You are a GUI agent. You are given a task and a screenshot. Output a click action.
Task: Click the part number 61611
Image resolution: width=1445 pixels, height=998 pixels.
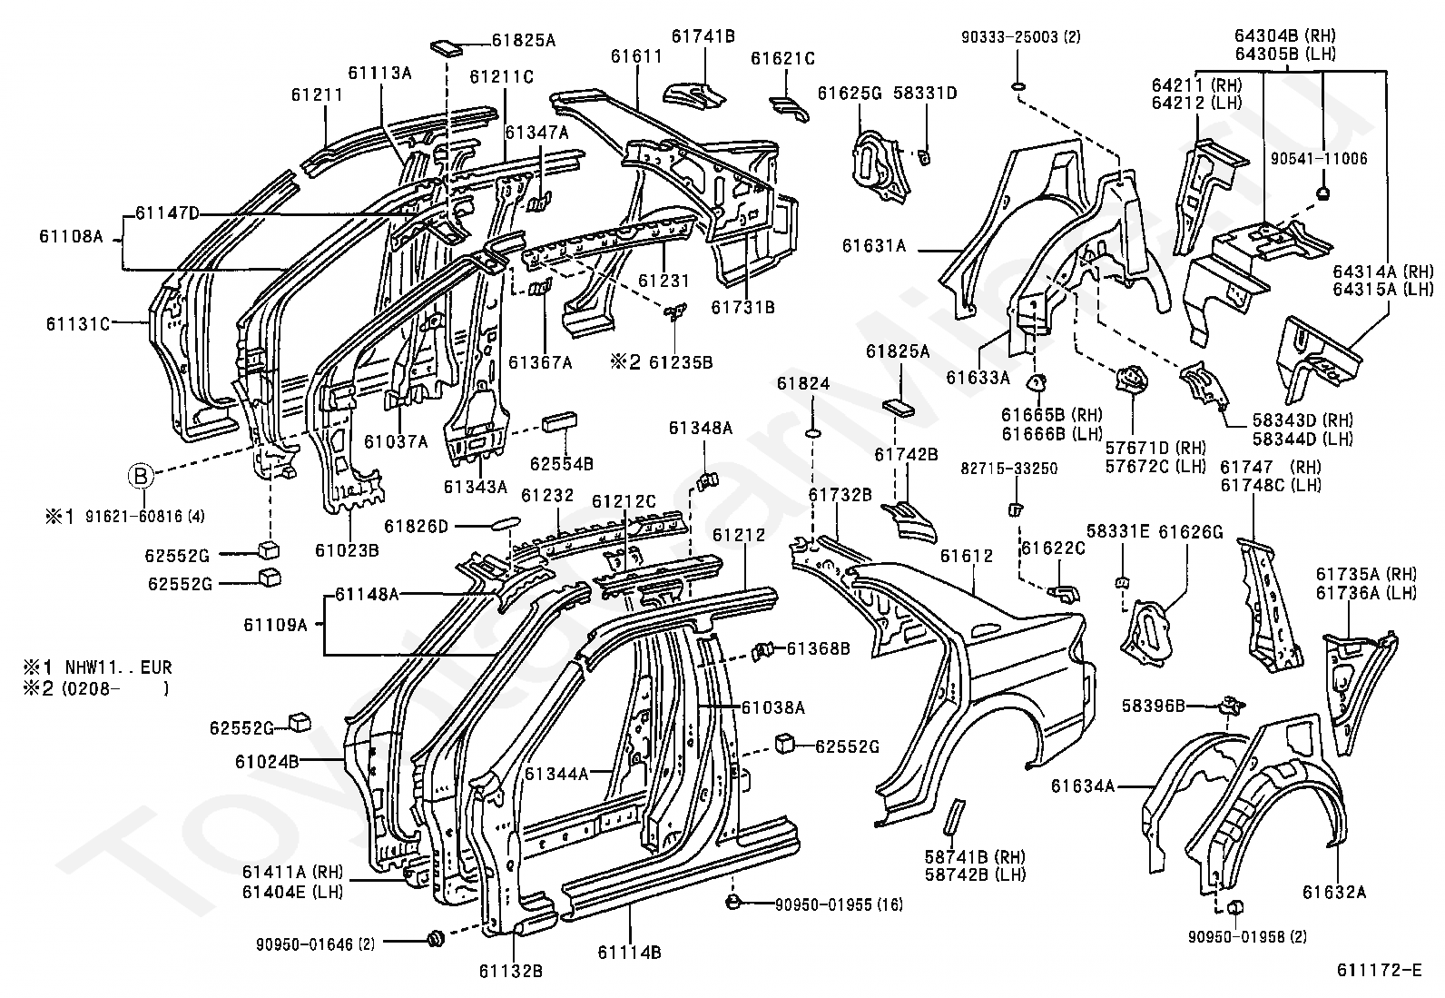pos(636,57)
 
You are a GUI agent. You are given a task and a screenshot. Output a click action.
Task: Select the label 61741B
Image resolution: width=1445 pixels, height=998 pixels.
pos(703,36)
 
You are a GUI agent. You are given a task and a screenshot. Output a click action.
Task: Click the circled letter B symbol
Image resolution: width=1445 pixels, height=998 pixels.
pos(141,477)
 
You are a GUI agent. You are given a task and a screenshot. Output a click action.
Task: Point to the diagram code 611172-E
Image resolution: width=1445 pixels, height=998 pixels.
pos(1379,970)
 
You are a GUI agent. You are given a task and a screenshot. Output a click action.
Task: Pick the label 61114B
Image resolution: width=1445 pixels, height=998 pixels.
pos(630,953)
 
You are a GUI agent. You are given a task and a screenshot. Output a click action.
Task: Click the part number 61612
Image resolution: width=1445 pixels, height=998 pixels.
pos(967,556)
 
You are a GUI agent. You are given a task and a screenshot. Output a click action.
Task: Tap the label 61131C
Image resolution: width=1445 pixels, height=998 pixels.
pos(78,323)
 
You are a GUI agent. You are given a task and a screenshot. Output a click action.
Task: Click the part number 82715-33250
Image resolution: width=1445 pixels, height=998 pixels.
pos(1009,469)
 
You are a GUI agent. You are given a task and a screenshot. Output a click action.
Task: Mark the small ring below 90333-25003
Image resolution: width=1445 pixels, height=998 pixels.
pos(1017,86)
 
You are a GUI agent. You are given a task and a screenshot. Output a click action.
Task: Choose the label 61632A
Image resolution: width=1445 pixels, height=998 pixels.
pos(1334,892)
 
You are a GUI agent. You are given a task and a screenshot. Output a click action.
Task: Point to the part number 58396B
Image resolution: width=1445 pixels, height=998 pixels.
pos(1154,707)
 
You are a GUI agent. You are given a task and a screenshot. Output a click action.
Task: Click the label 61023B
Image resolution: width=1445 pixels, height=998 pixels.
pos(347,550)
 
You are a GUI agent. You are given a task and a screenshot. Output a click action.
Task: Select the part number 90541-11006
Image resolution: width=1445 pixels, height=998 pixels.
pos(1319,159)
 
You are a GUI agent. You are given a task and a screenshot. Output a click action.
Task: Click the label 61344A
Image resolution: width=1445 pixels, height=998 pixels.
pos(556,774)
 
